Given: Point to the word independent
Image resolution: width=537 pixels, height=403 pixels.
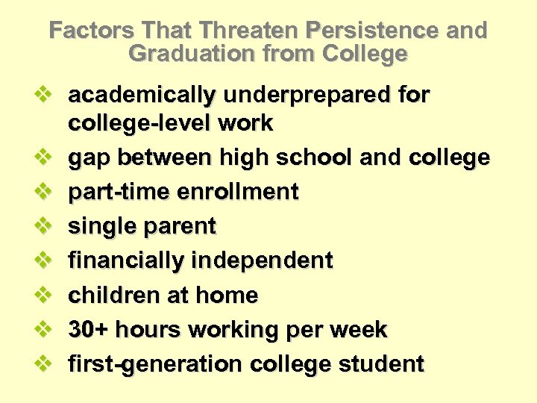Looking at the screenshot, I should (263, 260).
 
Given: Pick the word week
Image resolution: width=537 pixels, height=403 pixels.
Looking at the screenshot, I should (362, 330).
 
